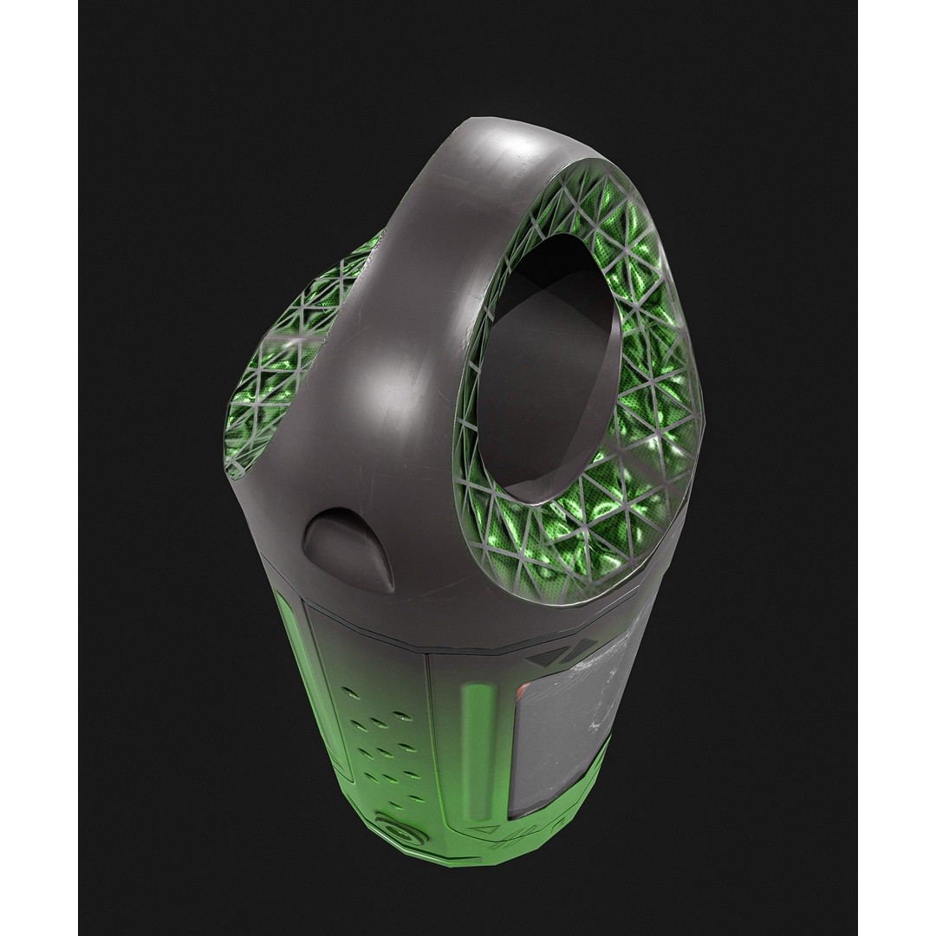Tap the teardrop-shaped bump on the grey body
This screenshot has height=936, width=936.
(347, 546)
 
